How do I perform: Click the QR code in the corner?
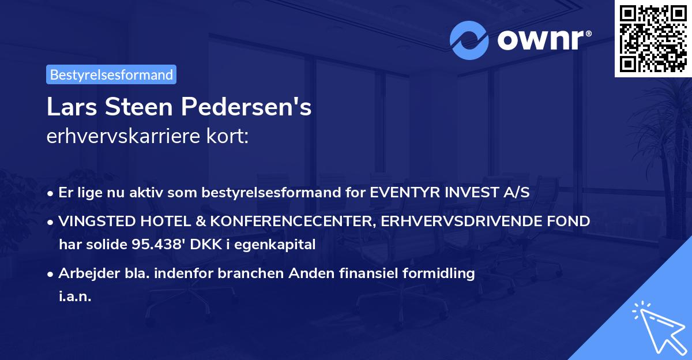click(x=653, y=38)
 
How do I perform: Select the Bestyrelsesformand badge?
click(x=111, y=74)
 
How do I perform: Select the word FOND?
click(x=571, y=221)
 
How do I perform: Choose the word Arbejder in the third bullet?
click(x=84, y=273)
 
